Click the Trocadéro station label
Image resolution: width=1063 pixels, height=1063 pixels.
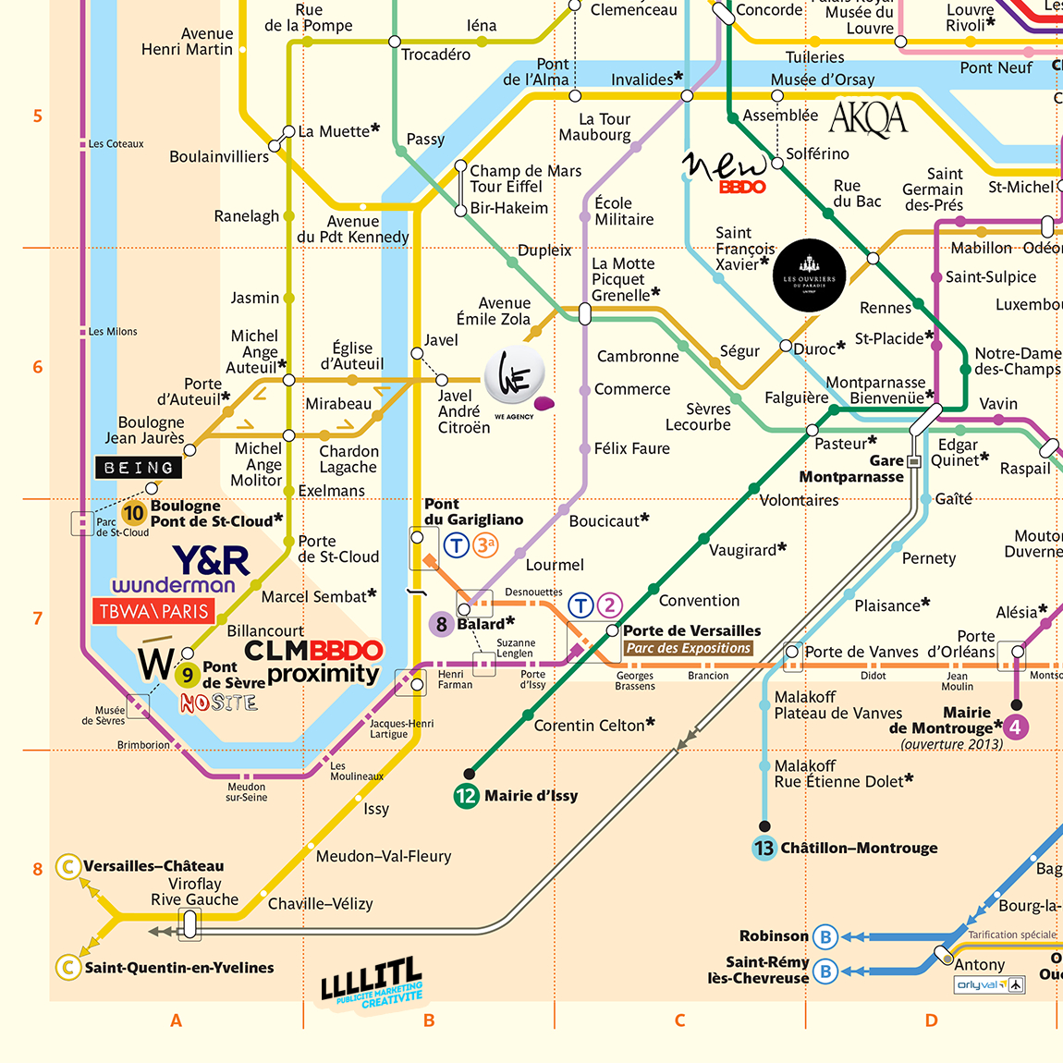435,55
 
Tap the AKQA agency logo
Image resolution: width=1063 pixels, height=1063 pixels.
868,118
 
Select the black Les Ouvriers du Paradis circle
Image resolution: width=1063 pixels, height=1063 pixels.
809,276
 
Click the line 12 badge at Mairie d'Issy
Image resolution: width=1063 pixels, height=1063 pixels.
467,795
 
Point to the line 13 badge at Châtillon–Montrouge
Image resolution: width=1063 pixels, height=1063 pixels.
764,848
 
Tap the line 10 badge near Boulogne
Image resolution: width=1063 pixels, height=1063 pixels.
134,513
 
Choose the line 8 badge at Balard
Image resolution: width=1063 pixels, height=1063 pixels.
441,624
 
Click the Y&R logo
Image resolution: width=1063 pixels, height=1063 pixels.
211,560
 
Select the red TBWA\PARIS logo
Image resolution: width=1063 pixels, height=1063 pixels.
153,611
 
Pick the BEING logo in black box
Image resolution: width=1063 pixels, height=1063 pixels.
139,468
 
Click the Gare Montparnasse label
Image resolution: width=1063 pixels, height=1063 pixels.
850,469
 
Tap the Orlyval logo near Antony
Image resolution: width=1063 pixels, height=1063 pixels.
990,984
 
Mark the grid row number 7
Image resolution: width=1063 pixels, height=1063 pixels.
38,618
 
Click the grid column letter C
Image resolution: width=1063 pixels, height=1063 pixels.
679,1020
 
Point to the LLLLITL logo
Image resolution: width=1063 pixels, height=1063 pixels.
372,983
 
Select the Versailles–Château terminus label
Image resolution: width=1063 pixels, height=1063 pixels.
153,866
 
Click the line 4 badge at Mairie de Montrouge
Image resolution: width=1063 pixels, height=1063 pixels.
1015,727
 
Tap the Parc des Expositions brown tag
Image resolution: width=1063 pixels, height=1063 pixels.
689,648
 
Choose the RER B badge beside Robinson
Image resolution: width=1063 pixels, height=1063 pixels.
825,936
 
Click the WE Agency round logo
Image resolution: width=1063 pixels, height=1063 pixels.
515,376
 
